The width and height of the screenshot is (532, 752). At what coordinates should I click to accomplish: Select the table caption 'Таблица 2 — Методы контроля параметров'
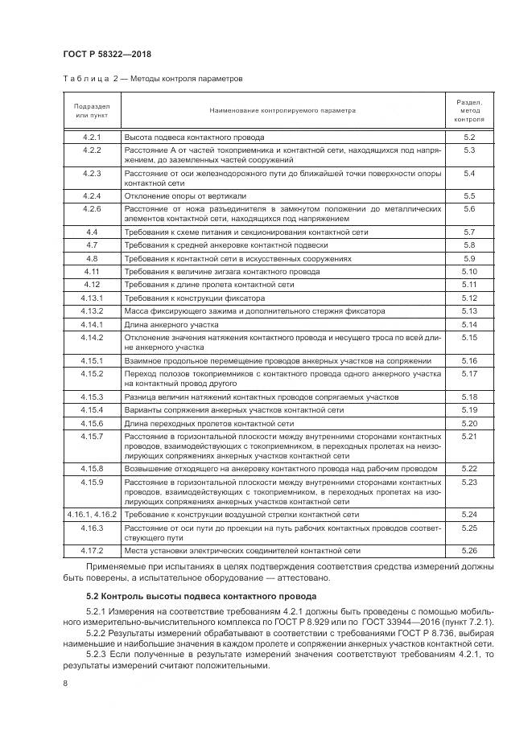pos(152,79)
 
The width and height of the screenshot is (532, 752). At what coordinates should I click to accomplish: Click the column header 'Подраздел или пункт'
pos(92,110)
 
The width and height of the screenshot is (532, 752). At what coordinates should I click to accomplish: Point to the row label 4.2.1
pos(92,138)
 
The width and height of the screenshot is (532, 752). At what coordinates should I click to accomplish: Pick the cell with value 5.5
pos(469,195)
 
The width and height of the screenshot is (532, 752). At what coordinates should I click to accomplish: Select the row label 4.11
pos(92,272)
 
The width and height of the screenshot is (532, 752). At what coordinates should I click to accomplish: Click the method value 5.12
pos(469,298)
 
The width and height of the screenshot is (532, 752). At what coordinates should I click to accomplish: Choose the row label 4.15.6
pos(92,422)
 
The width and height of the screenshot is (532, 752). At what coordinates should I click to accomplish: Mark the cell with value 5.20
pos(469,422)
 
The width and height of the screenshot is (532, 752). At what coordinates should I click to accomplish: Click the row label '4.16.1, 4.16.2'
pos(92,513)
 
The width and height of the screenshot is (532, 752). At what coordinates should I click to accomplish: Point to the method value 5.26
pos(469,550)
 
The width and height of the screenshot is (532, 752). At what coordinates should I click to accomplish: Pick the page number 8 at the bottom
pos(66,683)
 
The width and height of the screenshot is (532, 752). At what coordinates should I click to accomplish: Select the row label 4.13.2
pos(92,310)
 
